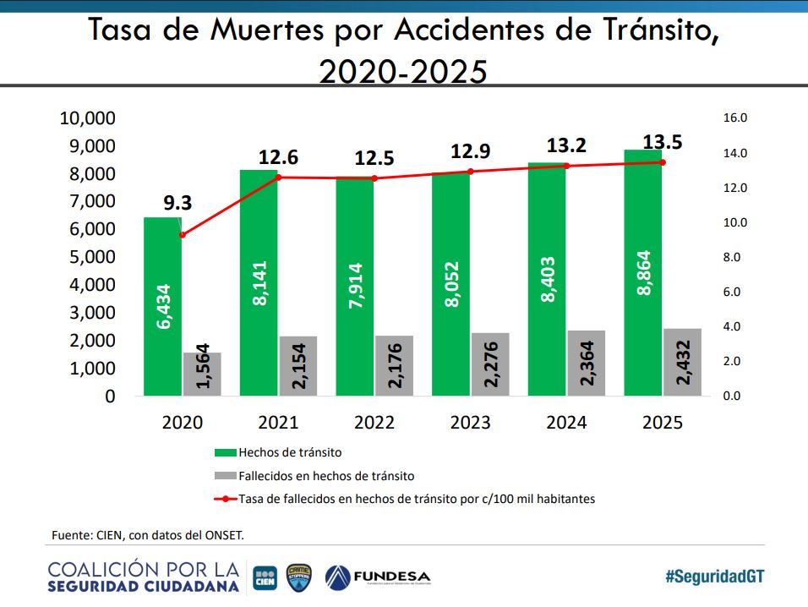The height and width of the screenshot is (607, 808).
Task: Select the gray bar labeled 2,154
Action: pyautogui.click(x=298, y=366)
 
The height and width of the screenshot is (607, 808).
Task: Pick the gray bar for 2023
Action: pyautogui.click(x=490, y=364)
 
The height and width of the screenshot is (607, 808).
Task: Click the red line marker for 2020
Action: pyautogui.click(x=182, y=235)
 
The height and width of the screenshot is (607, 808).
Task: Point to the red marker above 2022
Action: pyautogui.click(x=374, y=178)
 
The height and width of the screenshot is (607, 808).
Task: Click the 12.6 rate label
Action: pyautogui.click(x=278, y=157)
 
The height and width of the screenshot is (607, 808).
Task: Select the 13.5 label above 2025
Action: pyautogui.click(x=663, y=141)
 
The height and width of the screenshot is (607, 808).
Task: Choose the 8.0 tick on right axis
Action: pyautogui.click(x=732, y=257)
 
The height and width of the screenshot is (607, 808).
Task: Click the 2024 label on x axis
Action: pyautogui.click(x=565, y=423)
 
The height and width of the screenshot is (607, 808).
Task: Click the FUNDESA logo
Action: pyautogui.click(x=377, y=577)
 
